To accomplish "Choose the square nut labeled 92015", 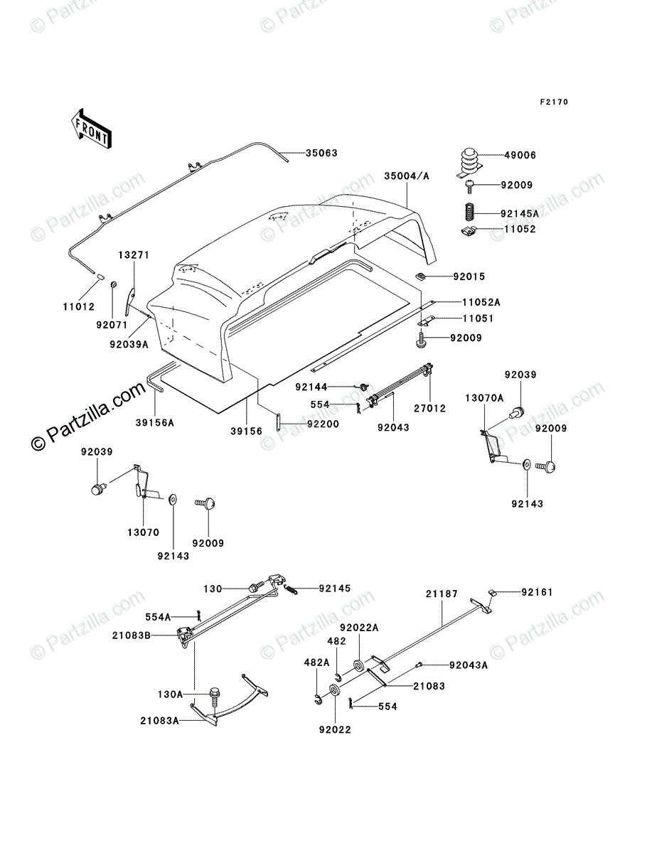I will click(421, 276).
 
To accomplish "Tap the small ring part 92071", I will click(114, 286).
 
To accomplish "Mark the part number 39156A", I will click(155, 422).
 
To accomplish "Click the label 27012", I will click(431, 409).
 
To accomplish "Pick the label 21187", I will click(442, 592).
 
